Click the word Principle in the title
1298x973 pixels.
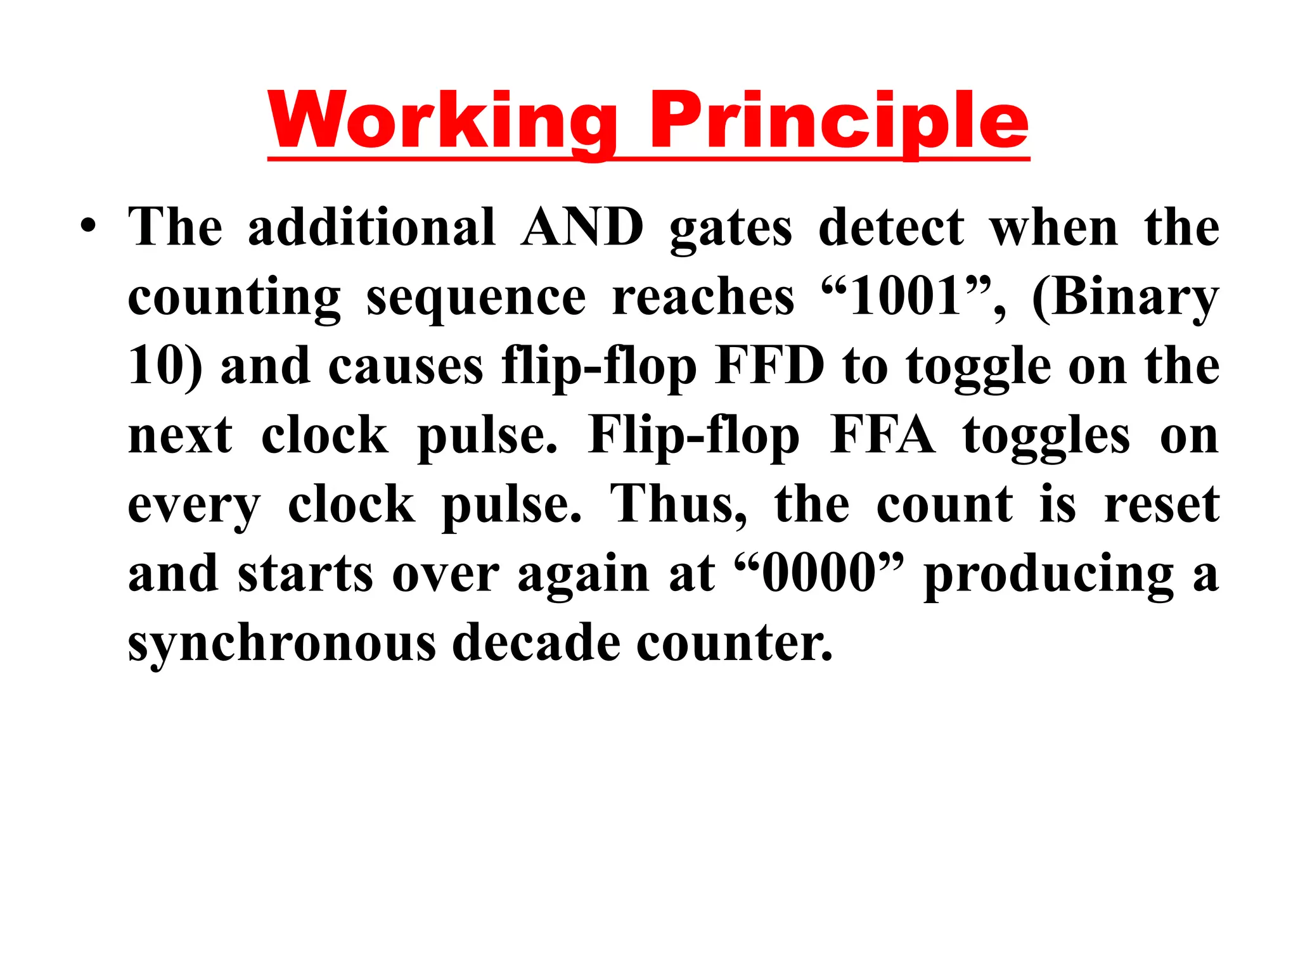click(x=839, y=120)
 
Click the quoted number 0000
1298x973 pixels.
click(x=818, y=573)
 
